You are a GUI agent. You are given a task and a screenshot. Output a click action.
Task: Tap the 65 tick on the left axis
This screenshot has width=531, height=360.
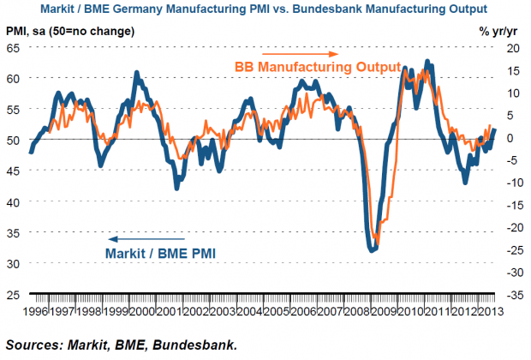coord(14,48)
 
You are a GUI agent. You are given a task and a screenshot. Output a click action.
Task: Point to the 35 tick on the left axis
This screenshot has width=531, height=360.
coord(14,263)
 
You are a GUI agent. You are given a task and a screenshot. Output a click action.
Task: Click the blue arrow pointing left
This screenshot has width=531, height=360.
coord(147,238)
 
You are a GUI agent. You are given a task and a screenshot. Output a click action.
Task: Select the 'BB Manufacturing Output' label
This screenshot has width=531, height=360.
coord(318,68)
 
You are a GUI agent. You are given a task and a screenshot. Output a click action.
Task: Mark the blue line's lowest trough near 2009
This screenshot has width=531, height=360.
coord(372,250)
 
